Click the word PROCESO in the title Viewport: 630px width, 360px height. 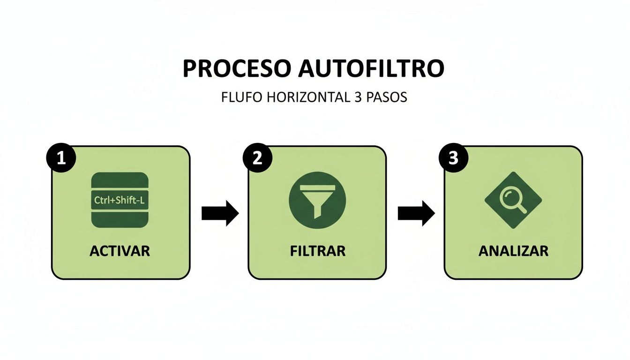236,68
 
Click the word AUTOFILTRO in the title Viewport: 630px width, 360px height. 370,68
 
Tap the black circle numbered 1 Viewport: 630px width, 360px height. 60,158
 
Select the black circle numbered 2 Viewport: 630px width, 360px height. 256,158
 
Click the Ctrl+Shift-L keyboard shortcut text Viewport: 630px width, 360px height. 120,200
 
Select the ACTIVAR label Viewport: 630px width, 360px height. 120,251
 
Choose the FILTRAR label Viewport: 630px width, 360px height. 317,251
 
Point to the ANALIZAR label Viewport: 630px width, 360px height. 513,251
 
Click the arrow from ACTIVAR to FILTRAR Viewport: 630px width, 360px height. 220,213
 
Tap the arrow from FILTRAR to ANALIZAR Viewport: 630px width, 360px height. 416,213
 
